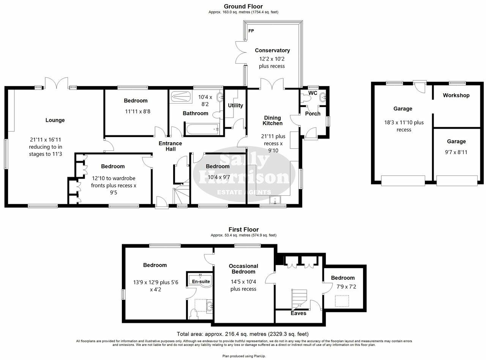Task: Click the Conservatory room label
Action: (272, 50)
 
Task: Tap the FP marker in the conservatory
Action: (251, 31)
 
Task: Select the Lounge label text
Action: (55, 120)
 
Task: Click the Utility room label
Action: (235, 105)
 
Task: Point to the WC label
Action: (313, 93)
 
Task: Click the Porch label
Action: (312, 113)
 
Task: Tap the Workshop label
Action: (456, 96)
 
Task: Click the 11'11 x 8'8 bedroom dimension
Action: (136, 112)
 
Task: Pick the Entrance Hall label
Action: (170, 146)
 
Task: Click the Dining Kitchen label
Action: (273, 121)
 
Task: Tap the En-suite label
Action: (200, 281)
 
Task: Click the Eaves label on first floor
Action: (298, 313)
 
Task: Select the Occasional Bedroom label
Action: (243, 269)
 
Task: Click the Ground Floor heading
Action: (243, 6)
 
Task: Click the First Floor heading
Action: (243, 230)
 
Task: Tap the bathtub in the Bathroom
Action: (201, 129)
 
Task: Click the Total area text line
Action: (243, 334)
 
